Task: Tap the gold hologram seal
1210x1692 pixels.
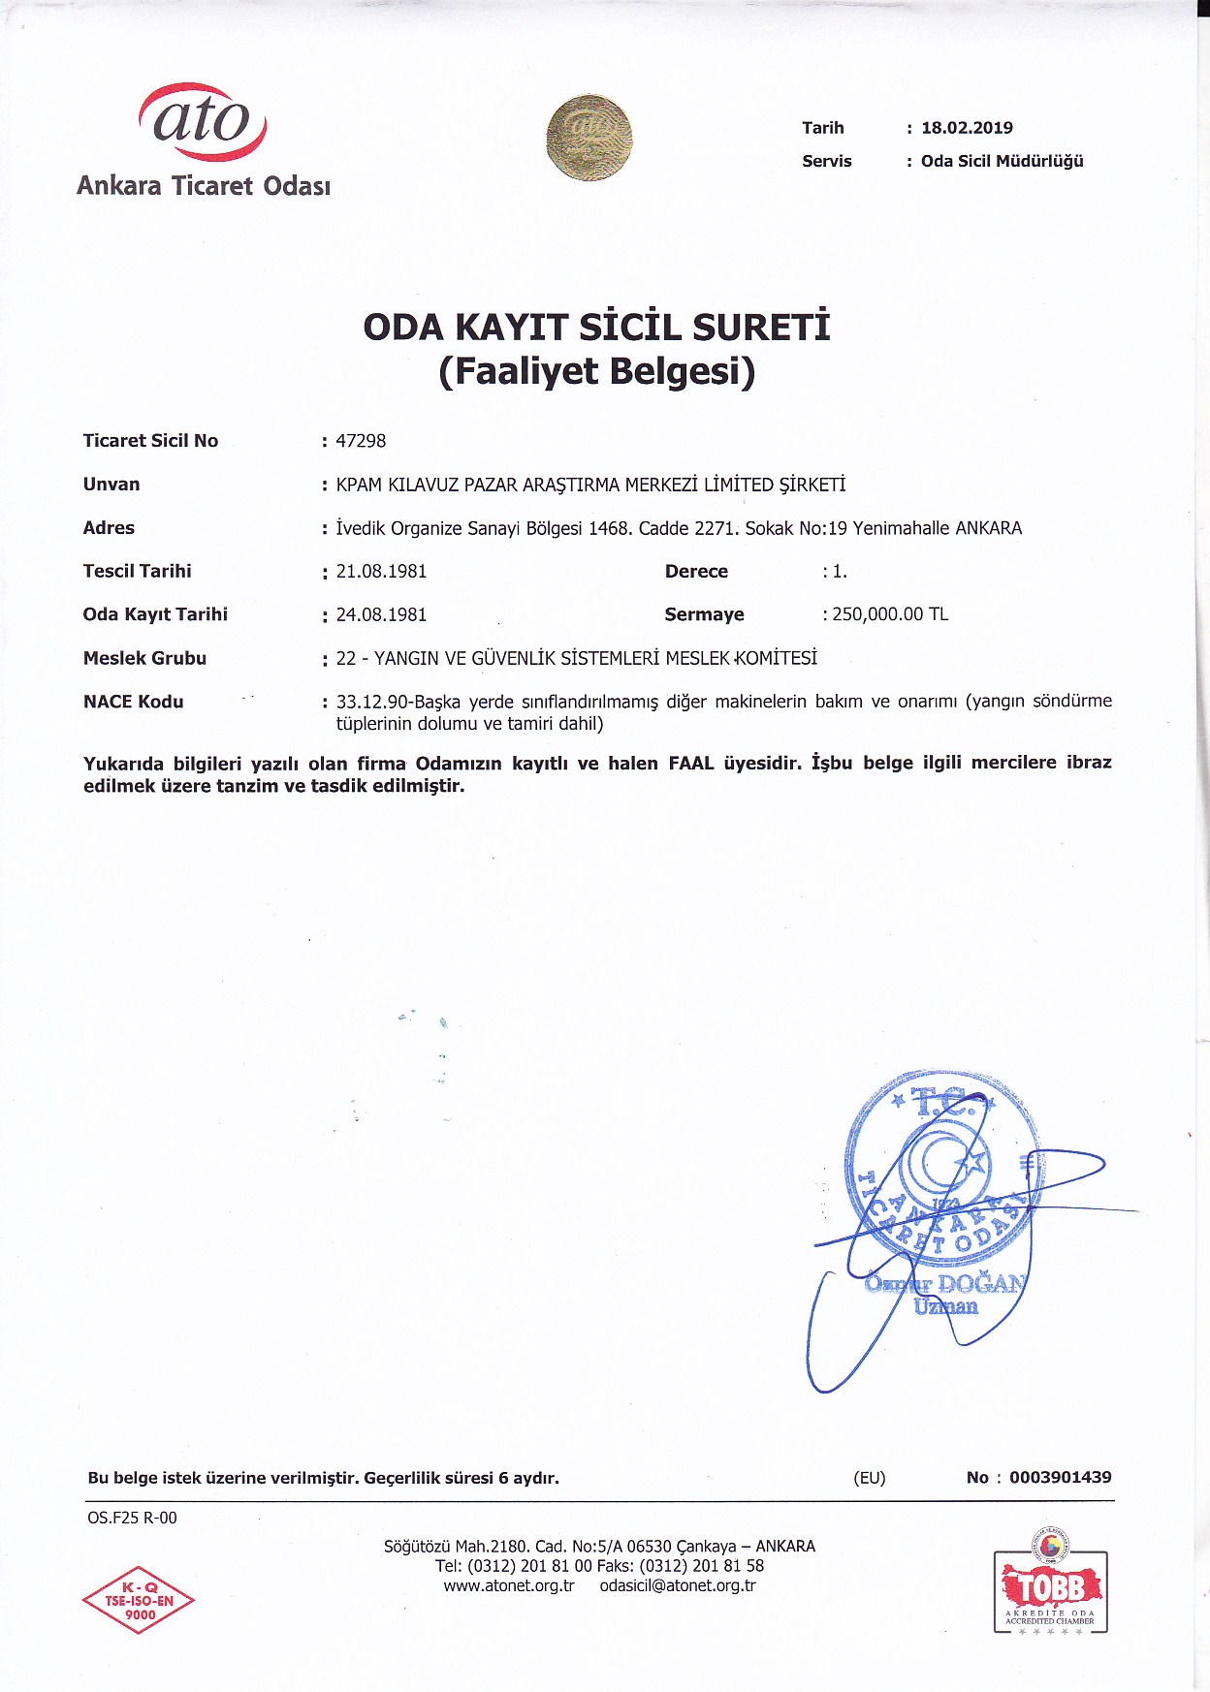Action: pos(589,138)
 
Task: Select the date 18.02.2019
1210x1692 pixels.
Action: pos(967,128)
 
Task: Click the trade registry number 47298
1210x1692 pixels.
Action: pos(361,441)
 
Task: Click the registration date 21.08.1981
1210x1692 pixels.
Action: pos(381,572)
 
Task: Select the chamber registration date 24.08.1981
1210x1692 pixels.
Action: pos(381,614)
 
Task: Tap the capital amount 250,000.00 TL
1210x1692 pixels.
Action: pos(890,614)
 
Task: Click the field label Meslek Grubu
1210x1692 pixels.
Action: pos(144,658)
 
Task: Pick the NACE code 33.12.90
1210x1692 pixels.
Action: pos(372,702)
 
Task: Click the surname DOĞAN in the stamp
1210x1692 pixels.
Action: pos(980,1284)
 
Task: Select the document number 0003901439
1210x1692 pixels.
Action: pos(1060,1478)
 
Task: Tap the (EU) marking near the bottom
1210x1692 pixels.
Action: pos(870,1478)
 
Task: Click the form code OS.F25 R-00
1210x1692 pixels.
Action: pos(132,1518)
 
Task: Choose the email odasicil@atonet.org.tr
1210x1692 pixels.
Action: pos(678,1585)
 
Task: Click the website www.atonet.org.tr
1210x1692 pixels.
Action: pos(509,1585)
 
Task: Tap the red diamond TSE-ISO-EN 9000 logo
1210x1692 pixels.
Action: pos(139,1600)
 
